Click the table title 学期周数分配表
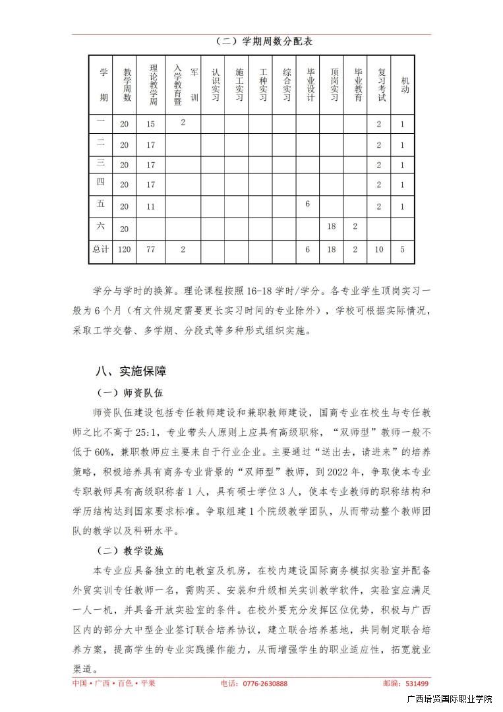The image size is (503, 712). click(x=263, y=42)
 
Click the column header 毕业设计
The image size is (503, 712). click(x=309, y=85)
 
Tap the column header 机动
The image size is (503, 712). click(x=403, y=85)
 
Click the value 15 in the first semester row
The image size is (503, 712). click(x=151, y=124)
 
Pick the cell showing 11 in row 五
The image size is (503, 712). click(x=151, y=206)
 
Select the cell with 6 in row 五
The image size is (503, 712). click(x=308, y=204)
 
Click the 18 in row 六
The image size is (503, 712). click(x=332, y=226)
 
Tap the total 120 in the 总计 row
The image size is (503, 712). click(x=124, y=250)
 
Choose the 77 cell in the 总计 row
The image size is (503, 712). click(x=151, y=250)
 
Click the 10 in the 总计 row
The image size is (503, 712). click(x=379, y=250)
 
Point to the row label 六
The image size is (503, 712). click(x=101, y=226)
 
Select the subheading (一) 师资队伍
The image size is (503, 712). click(x=130, y=393)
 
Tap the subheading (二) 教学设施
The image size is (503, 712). click(x=130, y=550)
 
